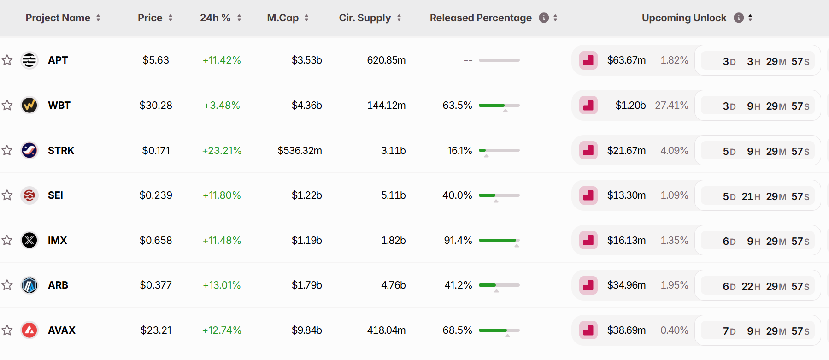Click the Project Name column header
coord(58,18)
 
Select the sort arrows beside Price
coord(171,18)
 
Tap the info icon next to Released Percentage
coord(544,18)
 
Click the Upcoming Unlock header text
coord(684,18)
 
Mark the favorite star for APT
coord(7,60)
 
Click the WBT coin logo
coord(29,105)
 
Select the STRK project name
coord(61,150)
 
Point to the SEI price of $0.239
coord(156,195)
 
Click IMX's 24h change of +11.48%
coord(222,240)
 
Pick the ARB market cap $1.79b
coord(306,285)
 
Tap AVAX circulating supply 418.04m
coord(386,330)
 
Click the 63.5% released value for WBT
coord(457,106)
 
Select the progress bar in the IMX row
coord(499,240)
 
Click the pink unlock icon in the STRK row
coord(588,150)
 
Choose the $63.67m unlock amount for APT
coord(626,60)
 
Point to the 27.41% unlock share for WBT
coord(671,106)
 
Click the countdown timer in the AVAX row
coord(766,331)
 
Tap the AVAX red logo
coord(29,330)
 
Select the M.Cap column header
coord(282,18)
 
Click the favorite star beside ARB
coord(7,285)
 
